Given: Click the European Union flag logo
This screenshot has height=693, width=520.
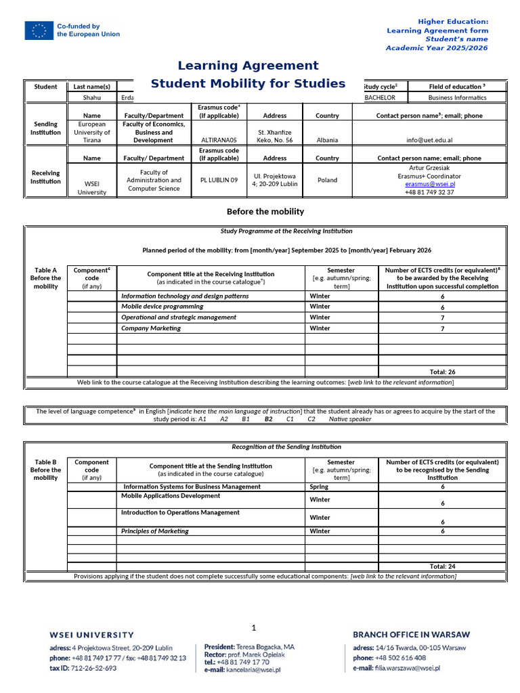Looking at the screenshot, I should (x=39, y=30).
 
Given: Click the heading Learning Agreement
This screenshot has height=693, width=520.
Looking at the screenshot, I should (x=248, y=66).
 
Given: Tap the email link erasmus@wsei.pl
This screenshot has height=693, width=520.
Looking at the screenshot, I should (x=430, y=183).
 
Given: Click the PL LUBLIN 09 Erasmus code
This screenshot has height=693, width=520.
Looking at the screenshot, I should (x=219, y=180).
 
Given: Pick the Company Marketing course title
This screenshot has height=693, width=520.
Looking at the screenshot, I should (x=151, y=328).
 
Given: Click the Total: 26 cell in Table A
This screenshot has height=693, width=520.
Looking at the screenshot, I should (x=442, y=372).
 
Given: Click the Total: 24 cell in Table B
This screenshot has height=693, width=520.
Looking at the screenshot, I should (x=442, y=566).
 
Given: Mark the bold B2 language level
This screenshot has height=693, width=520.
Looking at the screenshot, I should (x=268, y=419).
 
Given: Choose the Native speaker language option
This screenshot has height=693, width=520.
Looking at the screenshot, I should (x=350, y=419).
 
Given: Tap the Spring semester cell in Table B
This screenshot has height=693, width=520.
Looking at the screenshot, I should (x=319, y=487).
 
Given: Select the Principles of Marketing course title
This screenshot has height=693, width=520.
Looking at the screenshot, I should (x=155, y=531).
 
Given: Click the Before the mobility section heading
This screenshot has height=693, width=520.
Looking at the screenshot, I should (x=265, y=212).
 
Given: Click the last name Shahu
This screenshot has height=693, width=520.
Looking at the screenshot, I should (x=91, y=97).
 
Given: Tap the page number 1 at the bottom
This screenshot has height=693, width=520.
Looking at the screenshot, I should (x=254, y=627).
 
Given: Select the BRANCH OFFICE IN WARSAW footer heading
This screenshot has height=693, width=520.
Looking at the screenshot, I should (x=411, y=635).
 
